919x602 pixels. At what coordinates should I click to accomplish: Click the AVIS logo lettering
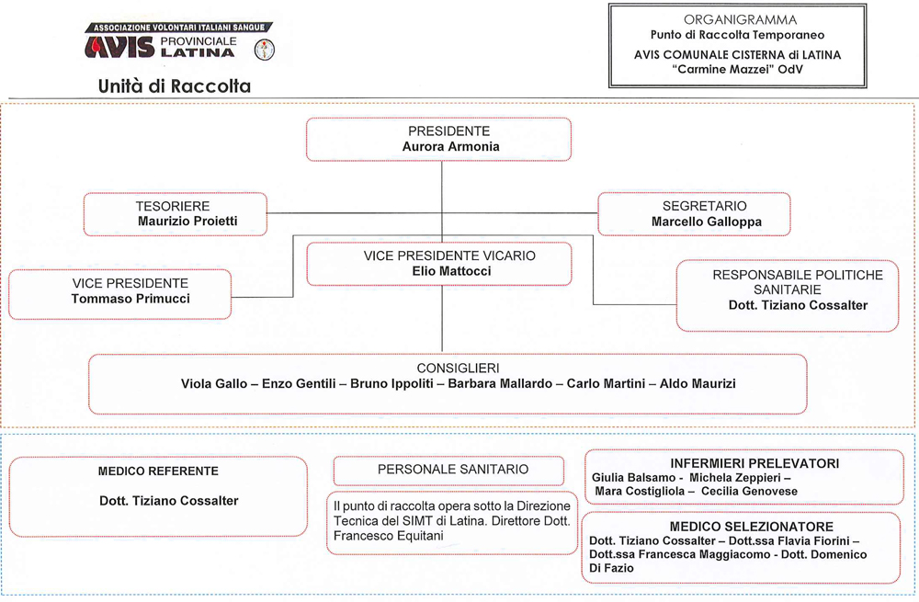(119, 47)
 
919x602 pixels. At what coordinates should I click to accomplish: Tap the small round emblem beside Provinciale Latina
(265, 50)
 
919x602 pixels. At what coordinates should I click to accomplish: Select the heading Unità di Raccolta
(175, 86)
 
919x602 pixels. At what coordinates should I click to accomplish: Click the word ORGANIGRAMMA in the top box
(740, 20)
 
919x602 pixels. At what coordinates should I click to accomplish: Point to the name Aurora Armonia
(450, 146)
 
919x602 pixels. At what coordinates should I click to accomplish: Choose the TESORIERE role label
(173, 206)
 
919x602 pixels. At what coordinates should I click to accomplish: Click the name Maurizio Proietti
(187, 221)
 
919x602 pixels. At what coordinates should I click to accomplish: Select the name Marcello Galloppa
(706, 221)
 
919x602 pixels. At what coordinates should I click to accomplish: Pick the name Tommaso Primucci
(130, 299)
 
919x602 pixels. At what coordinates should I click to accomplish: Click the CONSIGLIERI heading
(459, 369)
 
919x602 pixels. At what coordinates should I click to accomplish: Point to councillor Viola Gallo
(214, 383)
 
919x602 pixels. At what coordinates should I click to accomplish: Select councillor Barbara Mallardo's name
(500, 383)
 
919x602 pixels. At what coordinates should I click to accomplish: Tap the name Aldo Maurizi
(698, 383)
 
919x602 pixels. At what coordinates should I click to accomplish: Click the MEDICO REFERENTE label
(158, 471)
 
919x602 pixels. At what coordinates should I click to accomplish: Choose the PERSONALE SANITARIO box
(449, 470)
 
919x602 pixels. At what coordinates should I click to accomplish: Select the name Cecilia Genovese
(749, 491)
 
